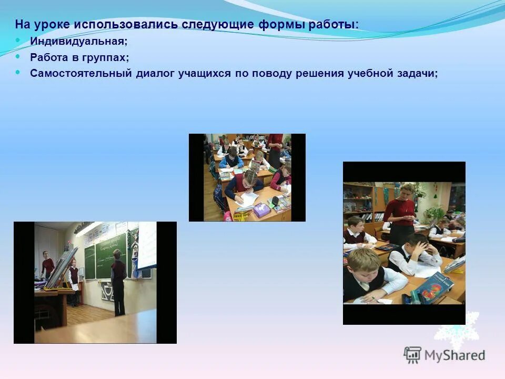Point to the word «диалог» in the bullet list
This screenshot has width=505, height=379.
154,73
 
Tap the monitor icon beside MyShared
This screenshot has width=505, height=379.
413,355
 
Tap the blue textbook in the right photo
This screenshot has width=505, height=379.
433,288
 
